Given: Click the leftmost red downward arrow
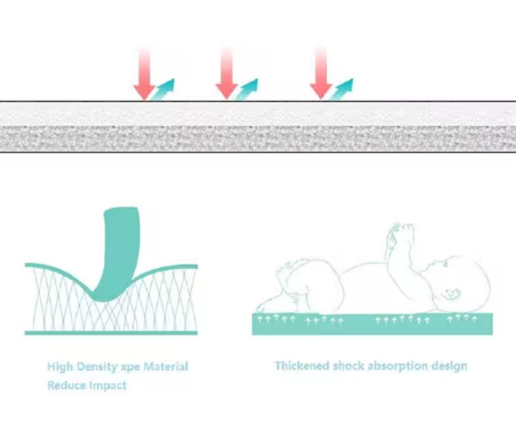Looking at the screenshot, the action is [x=144, y=74].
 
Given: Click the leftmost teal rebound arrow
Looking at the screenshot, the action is [x=163, y=89].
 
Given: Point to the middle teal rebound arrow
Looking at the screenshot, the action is [x=247, y=89].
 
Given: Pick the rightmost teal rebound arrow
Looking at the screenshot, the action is [x=341, y=89].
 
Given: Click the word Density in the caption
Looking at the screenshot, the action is [x=97, y=367].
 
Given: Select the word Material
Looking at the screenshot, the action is [x=166, y=366].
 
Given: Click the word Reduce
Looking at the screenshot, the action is [x=67, y=385].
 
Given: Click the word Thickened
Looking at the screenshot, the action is [x=302, y=366].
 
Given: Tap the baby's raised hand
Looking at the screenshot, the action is [x=399, y=232].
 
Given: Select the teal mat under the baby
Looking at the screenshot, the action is [x=372, y=324].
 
